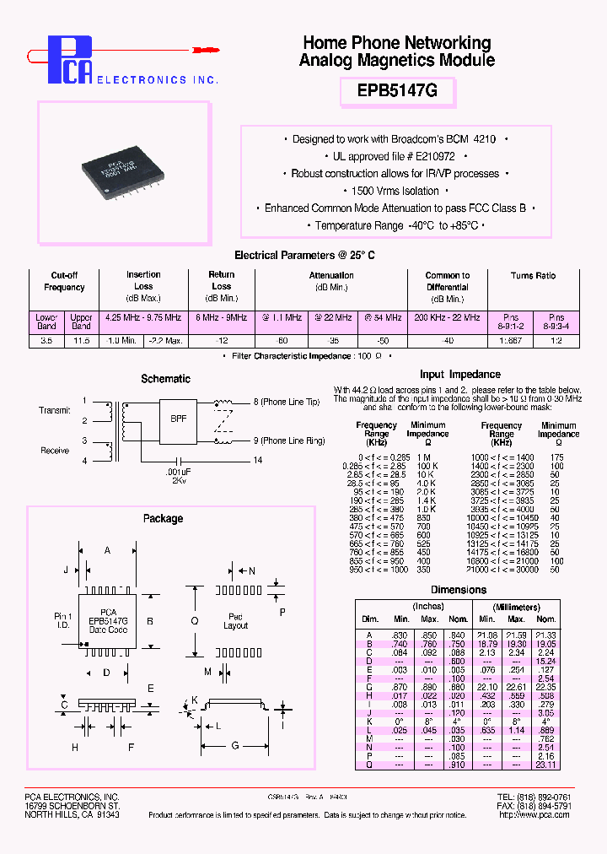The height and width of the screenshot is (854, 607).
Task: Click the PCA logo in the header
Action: pyautogui.click(x=67, y=61)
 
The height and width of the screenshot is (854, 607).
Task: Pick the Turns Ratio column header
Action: pyautogui.click(x=533, y=276)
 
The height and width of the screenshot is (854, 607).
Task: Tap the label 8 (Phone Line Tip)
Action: pyautogui.click(x=286, y=403)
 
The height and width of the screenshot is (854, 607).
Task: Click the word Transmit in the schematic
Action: pyautogui.click(x=55, y=410)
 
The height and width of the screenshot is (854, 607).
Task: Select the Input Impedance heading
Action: pyautogui.click(x=459, y=374)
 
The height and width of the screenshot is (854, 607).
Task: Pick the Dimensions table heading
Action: pyautogui.click(x=459, y=590)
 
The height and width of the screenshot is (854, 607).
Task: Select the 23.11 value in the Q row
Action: pyautogui.click(x=545, y=765)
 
